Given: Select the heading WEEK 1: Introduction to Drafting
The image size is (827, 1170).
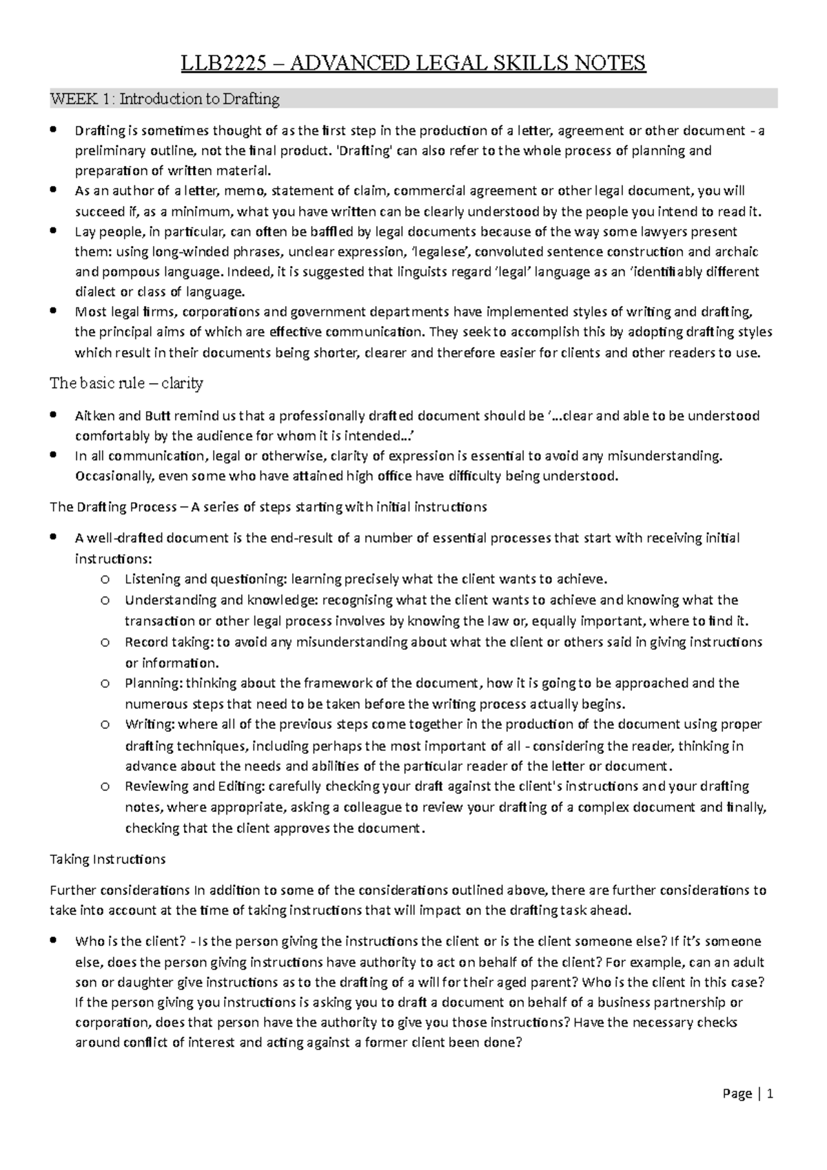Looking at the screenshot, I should (165, 99).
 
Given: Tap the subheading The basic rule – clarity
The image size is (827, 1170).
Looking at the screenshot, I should (126, 383).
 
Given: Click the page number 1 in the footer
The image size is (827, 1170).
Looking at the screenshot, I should (770, 1094).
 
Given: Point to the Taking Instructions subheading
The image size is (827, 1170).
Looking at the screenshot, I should (108, 859).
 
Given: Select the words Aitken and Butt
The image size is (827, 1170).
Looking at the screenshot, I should (116, 415).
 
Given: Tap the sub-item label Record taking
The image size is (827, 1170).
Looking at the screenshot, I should (169, 642).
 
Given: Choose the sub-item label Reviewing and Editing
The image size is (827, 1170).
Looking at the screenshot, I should (195, 786).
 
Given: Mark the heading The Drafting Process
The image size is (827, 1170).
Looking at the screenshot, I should (113, 507).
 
